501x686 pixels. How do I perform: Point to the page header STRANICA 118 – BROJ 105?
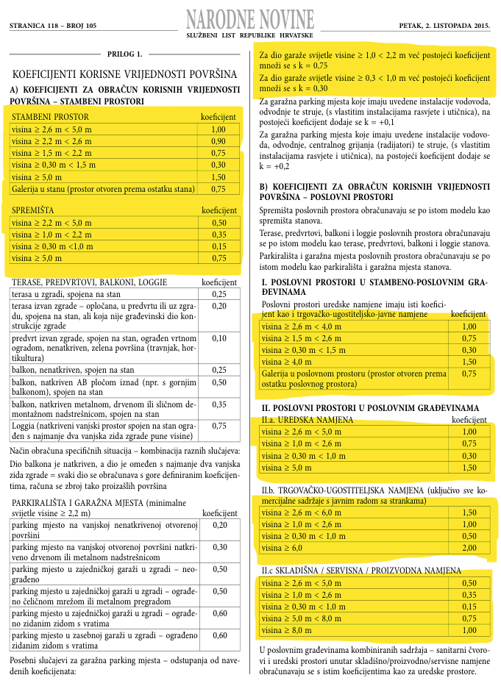pyautogui.click(x=53, y=25)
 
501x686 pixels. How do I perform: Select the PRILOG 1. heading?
pyautogui.click(x=123, y=54)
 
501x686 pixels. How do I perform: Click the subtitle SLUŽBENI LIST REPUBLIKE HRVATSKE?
pyautogui.click(x=250, y=35)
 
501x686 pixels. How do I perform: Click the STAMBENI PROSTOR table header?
pyautogui.click(x=51, y=117)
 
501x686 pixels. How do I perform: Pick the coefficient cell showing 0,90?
pyautogui.click(x=218, y=140)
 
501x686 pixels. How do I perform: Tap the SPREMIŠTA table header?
pyautogui.click(x=35, y=210)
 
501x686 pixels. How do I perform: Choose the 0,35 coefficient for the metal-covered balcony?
pyautogui.click(x=218, y=404)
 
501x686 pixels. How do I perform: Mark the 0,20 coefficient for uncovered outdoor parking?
pyautogui.click(x=218, y=525)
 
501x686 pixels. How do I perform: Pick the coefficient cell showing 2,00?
pyautogui.click(x=469, y=548)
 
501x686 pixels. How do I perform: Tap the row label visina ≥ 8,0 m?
pyautogui.click(x=289, y=630)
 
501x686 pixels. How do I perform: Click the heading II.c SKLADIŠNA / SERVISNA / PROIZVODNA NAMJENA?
pyautogui.click(x=361, y=571)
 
